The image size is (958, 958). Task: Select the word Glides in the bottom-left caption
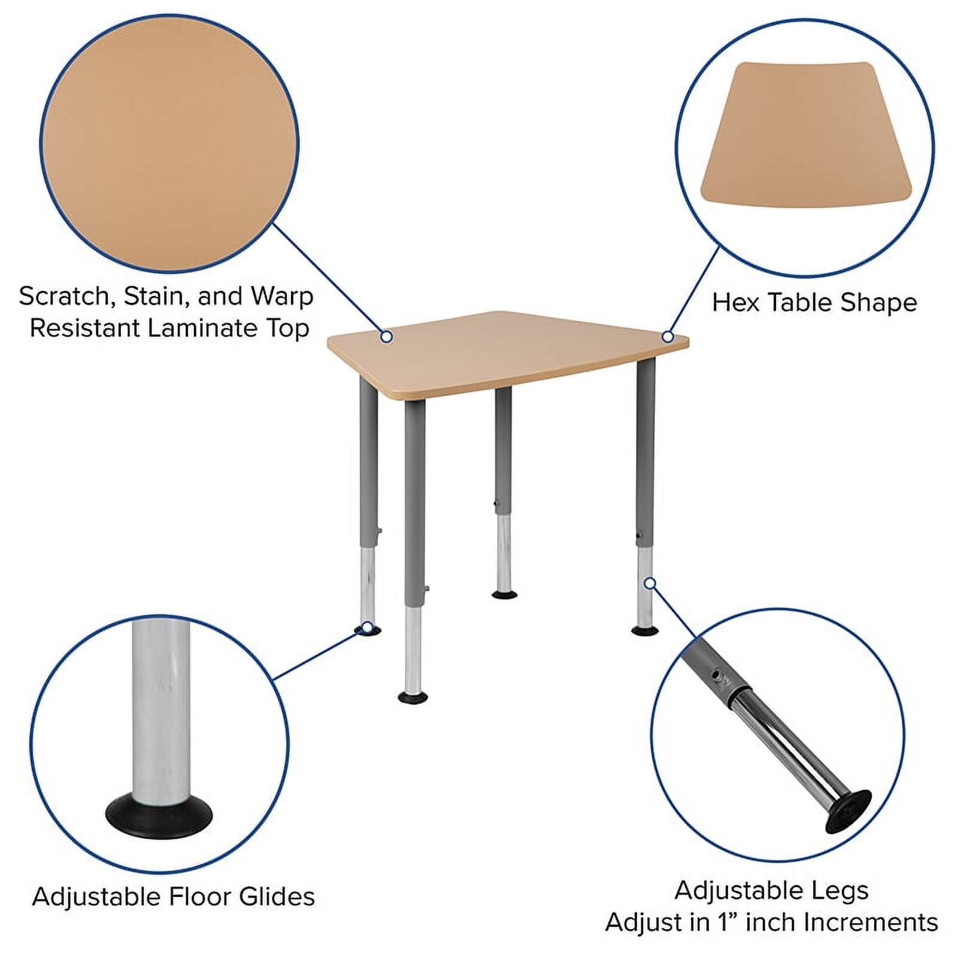click(277, 896)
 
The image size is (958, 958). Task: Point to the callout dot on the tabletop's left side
click(387, 336)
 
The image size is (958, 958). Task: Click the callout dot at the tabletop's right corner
click(668, 337)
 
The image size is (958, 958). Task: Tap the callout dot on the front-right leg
click(650, 583)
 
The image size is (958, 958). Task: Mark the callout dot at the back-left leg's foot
click(367, 627)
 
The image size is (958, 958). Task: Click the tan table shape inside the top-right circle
click(805, 135)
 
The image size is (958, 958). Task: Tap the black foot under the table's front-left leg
click(413, 697)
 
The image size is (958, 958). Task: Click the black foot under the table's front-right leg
click(645, 630)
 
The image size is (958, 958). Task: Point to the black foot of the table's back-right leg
click(504, 595)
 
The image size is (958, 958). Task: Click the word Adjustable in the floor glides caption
click(96, 896)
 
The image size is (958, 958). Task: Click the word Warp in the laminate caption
click(282, 296)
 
